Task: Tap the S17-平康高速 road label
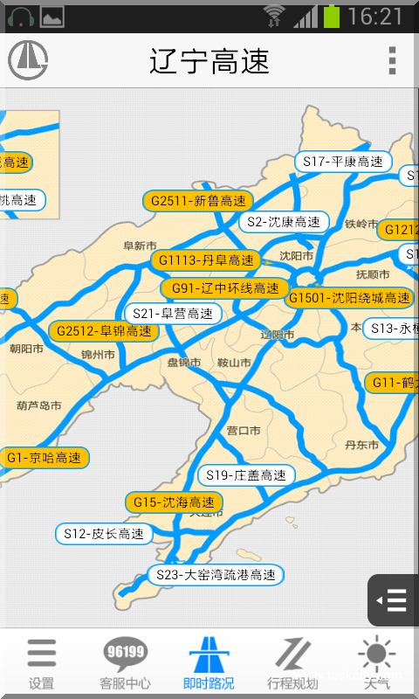click(x=343, y=162)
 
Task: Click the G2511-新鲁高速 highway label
click(x=198, y=201)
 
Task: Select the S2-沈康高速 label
click(x=284, y=222)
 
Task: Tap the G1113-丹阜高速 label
click(x=205, y=260)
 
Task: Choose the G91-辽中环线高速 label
click(x=224, y=288)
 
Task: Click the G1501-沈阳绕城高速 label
click(x=349, y=298)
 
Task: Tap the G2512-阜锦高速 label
click(x=104, y=331)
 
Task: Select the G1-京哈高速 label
click(x=44, y=458)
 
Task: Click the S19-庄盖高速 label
click(x=246, y=475)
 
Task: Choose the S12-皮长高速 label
click(x=104, y=534)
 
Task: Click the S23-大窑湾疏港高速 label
click(x=217, y=575)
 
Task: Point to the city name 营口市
click(x=244, y=431)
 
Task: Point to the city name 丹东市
click(x=361, y=445)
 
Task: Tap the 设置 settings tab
click(x=41, y=663)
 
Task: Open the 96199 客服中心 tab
click(x=125, y=663)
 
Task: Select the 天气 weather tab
click(x=377, y=663)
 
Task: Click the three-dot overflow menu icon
click(x=392, y=60)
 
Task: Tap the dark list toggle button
click(x=394, y=600)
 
